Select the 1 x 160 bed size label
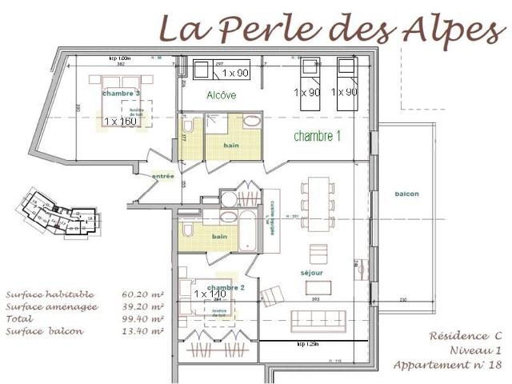[x=121, y=122]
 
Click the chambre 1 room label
[x=318, y=136]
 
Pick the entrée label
[x=163, y=176]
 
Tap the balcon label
[x=406, y=194]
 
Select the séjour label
[x=312, y=273]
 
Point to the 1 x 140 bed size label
[x=210, y=294]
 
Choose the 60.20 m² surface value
[x=143, y=294]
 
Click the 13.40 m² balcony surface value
[x=143, y=330]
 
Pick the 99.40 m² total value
[x=143, y=318]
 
